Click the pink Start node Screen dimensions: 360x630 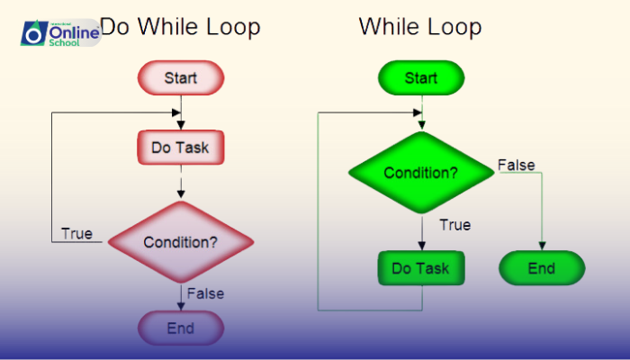click(180, 78)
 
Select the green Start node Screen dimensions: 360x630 click(421, 78)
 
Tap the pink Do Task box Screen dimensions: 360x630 click(180, 148)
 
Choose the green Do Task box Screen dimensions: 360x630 click(420, 267)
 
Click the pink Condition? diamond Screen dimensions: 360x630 click(181, 242)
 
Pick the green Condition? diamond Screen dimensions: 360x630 click(421, 173)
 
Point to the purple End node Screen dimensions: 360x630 click(180, 328)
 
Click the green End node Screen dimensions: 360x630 click(542, 268)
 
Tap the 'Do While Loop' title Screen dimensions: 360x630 click(180, 27)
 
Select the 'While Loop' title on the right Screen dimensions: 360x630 click(420, 27)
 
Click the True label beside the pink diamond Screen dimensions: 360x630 click(76, 234)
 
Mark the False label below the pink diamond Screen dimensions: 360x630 click(206, 293)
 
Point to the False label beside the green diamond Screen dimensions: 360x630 click(517, 166)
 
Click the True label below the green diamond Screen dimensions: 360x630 click(454, 225)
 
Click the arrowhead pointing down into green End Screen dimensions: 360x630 click(542, 246)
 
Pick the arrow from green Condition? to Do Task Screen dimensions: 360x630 click(421, 232)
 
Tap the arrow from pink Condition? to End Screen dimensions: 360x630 click(181, 296)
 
